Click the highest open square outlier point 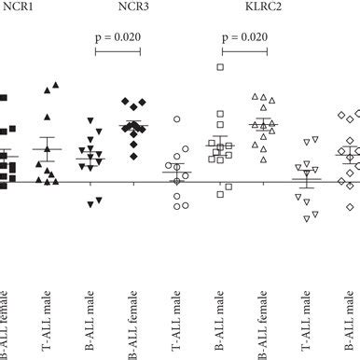point(221,67)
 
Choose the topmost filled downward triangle point(91,120)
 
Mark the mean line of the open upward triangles point(264,123)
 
